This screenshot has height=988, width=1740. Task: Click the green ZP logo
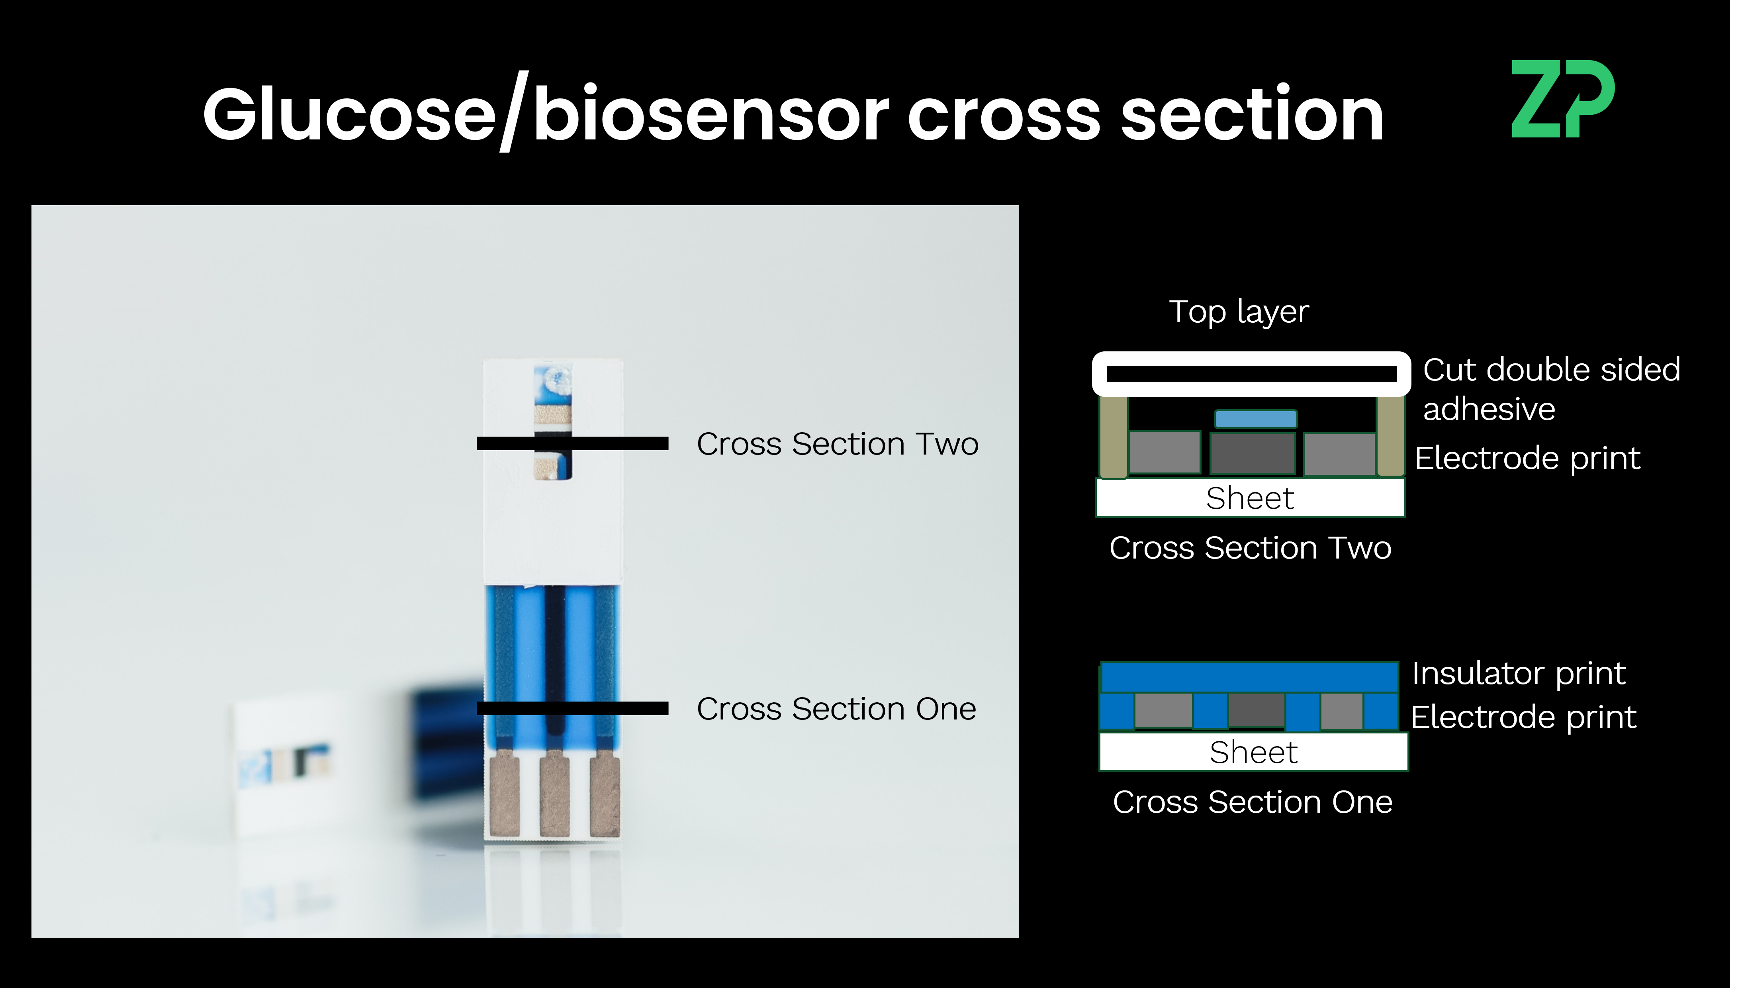[x=1562, y=99]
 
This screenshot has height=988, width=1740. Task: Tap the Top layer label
[x=1239, y=312]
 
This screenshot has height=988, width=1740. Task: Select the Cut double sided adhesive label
[x=1551, y=389]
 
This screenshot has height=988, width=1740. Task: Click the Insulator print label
[x=1518, y=674]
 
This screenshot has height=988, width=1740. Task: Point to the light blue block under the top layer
[x=1256, y=419]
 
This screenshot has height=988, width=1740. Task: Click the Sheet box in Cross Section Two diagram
[x=1250, y=498]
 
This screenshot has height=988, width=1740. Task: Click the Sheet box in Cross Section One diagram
[x=1253, y=752]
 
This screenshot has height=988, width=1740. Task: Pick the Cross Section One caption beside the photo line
[x=836, y=709]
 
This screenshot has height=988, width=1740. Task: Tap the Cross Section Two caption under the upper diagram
[x=1250, y=548]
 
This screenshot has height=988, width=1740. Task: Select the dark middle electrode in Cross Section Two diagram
[x=1252, y=453]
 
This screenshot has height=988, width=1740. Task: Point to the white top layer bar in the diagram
[x=1251, y=374]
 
